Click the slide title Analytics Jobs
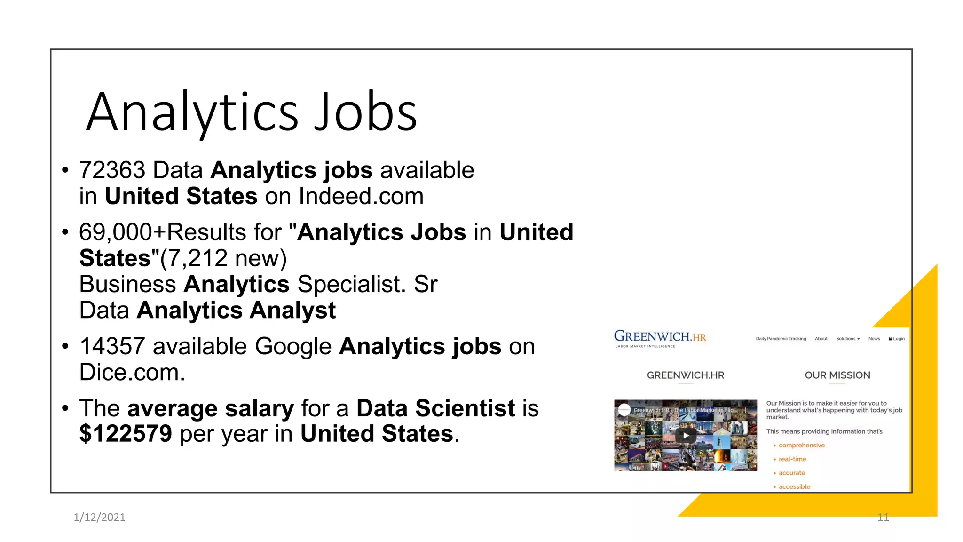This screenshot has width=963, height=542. pos(252,112)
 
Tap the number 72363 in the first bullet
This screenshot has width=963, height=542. pos(112,170)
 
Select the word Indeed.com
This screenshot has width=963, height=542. pos(361,196)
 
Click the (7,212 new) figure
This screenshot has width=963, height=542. pos(223,258)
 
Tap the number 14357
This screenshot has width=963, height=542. pos(112,347)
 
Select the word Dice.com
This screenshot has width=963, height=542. pos(132,373)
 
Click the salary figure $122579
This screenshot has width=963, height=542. pos(126,434)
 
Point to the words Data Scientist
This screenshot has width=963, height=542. pos(435,408)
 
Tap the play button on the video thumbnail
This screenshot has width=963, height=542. pos(686,435)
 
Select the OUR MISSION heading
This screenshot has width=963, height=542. pos(837,375)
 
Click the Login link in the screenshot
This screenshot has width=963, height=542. pos(897,339)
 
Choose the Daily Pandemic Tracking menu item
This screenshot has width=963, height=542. pos(781,339)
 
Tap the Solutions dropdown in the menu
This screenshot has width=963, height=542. pos(847,339)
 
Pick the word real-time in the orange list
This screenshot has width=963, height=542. pos(792,459)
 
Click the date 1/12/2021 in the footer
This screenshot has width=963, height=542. pos(100,518)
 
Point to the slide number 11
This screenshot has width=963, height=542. pos(883,518)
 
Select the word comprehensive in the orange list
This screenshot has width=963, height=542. pos(801,446)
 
